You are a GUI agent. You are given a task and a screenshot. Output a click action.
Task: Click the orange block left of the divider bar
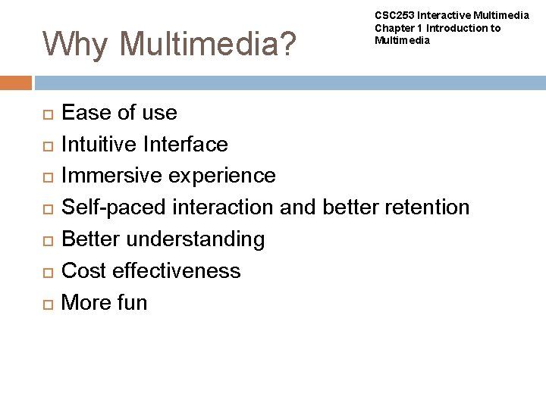(x=16, y=83)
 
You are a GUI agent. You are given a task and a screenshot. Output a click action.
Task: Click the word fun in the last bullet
(x=131, y=303)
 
